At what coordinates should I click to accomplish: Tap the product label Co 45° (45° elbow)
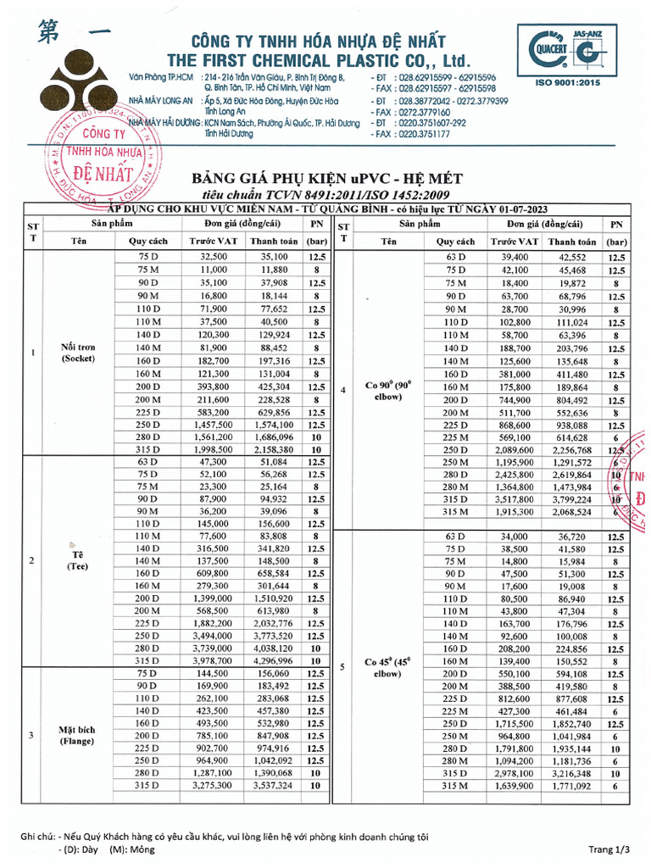388,667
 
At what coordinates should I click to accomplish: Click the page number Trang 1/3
609,849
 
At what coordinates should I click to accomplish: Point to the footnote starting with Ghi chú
225,837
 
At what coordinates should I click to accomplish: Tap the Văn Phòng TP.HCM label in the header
160,77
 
